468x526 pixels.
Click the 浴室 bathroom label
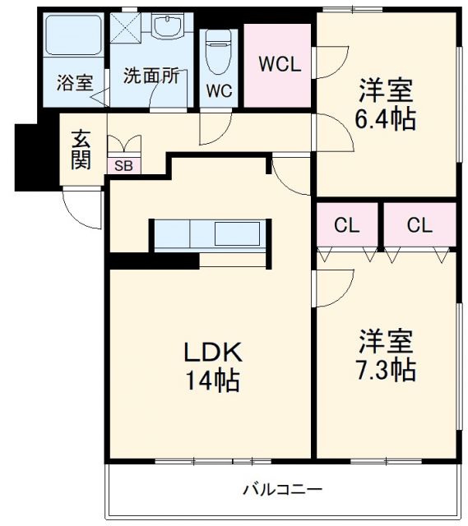tap(74, 82)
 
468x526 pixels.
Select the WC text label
tap(218, 90)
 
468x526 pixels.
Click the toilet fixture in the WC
tap(218, 53)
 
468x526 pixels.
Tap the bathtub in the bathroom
tap(71, 37)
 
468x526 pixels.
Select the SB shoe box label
tap(123, 166)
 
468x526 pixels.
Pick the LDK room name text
tap(211, 353)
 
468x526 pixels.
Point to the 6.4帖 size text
tap(385, 119)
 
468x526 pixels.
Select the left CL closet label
tap(346, 225)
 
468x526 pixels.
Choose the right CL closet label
tap(419, 225)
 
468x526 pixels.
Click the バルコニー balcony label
tap(282, 490)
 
